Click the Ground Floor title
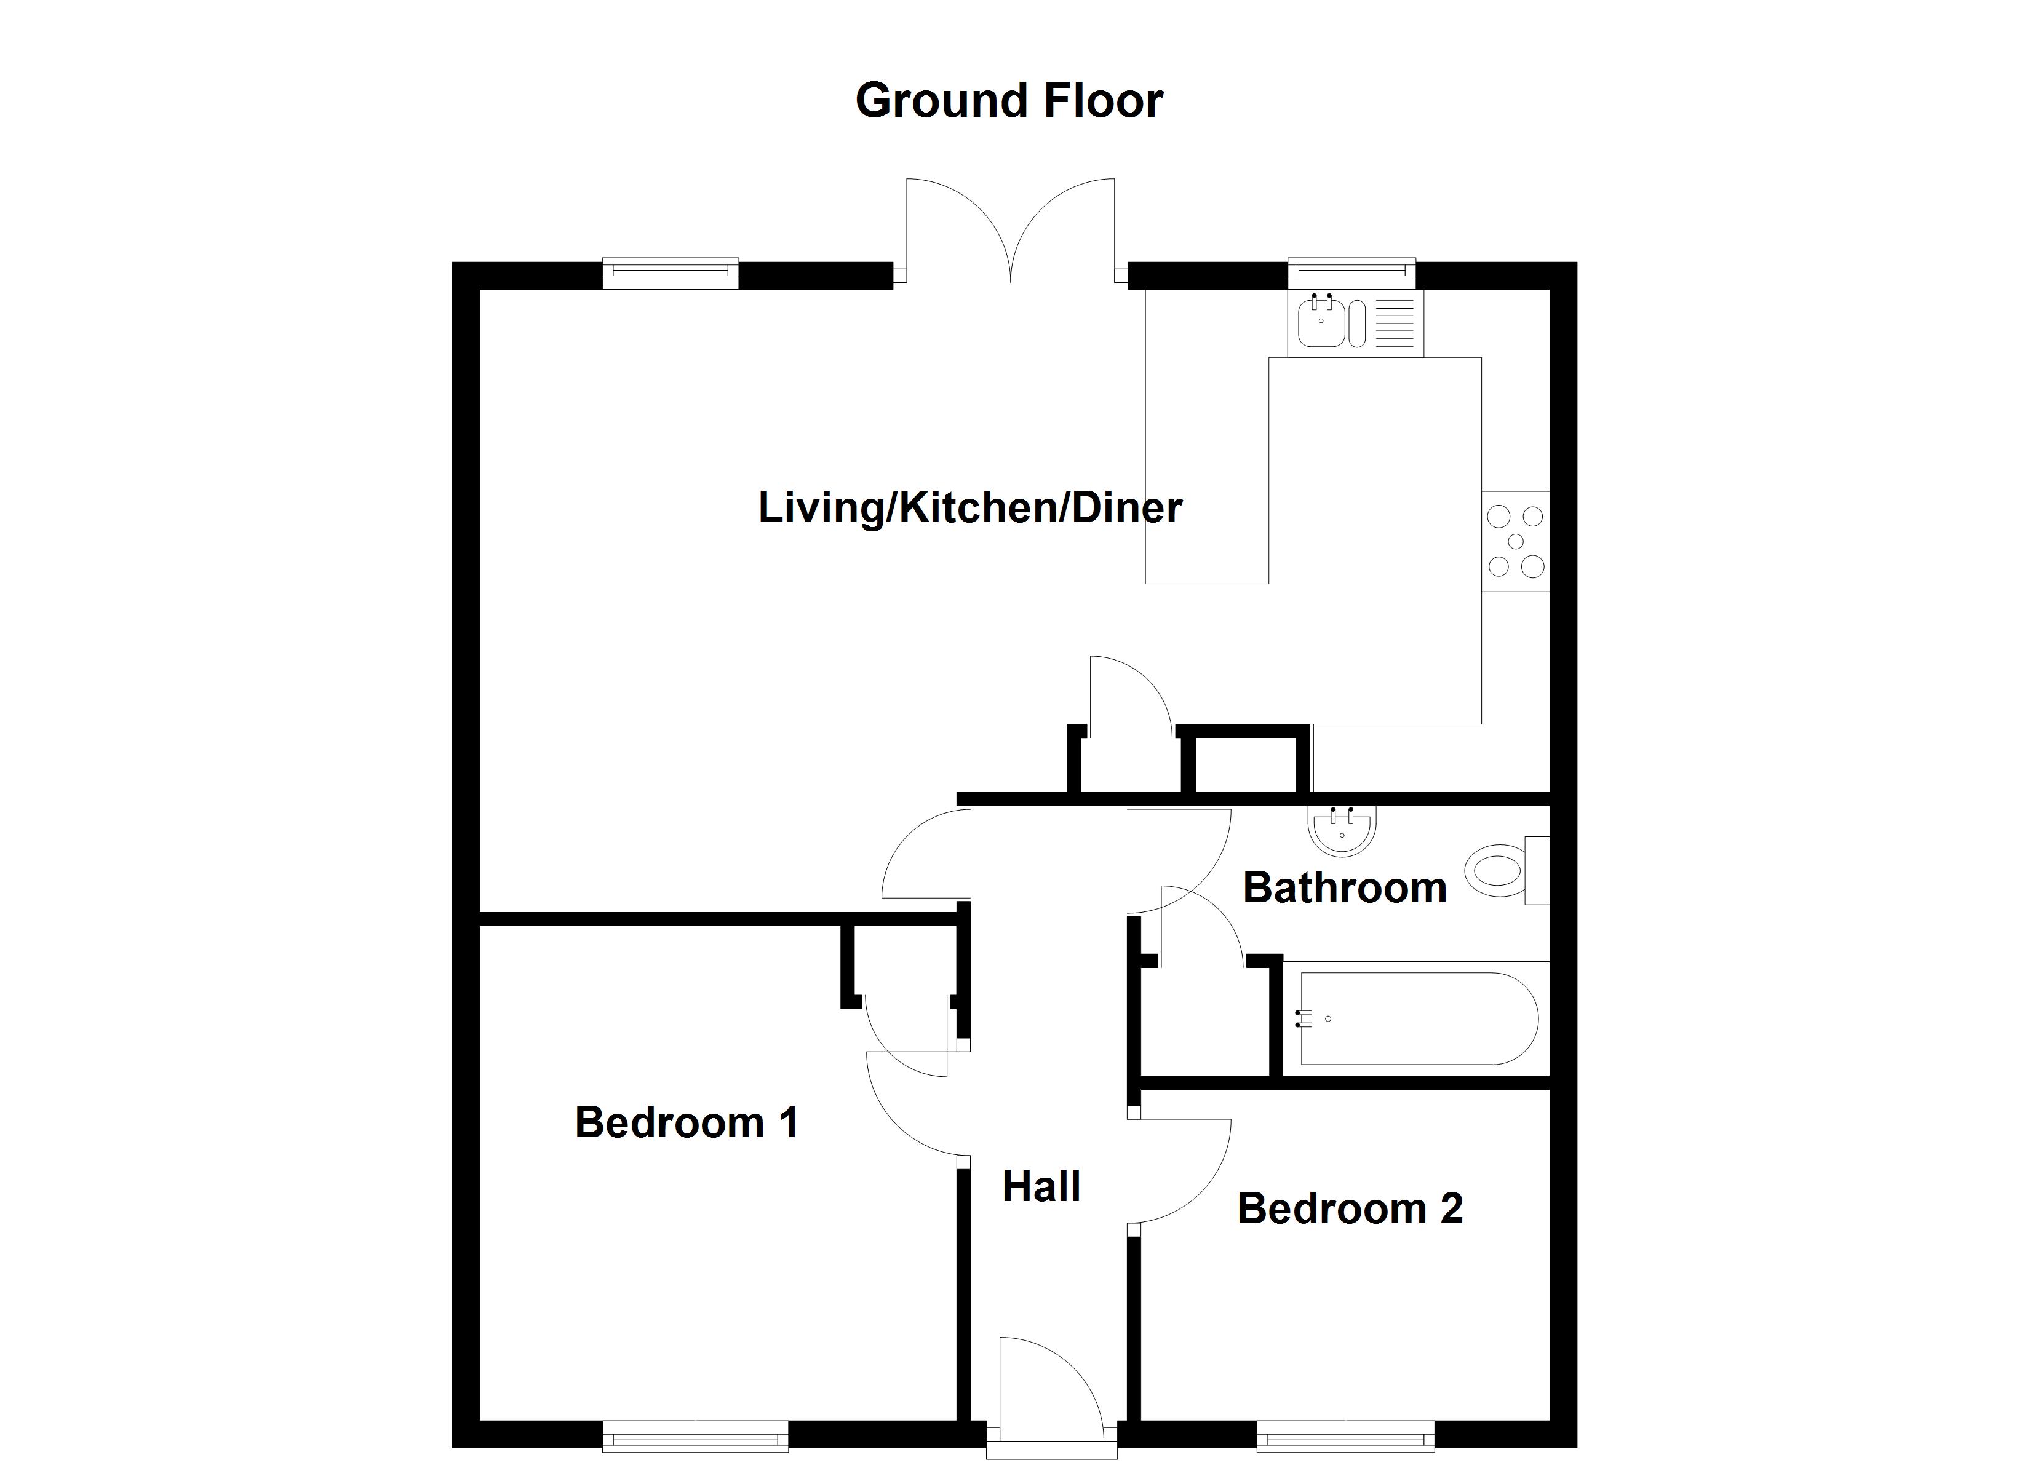[x=1009, y=100]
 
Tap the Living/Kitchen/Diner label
[x=969, y=507]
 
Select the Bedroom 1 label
[x=687, y=1122]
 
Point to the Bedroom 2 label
[x=1350, y=1208]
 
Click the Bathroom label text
[x=1344, y=888]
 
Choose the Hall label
[x=1041, y=1187]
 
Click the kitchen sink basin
[x=1321, y=323]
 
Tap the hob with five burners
[x=1515, y=542]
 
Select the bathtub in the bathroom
[x=1418, y=1018]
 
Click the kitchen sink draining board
[x=1393, y=323]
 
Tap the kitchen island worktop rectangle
[x=1206, y=470]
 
